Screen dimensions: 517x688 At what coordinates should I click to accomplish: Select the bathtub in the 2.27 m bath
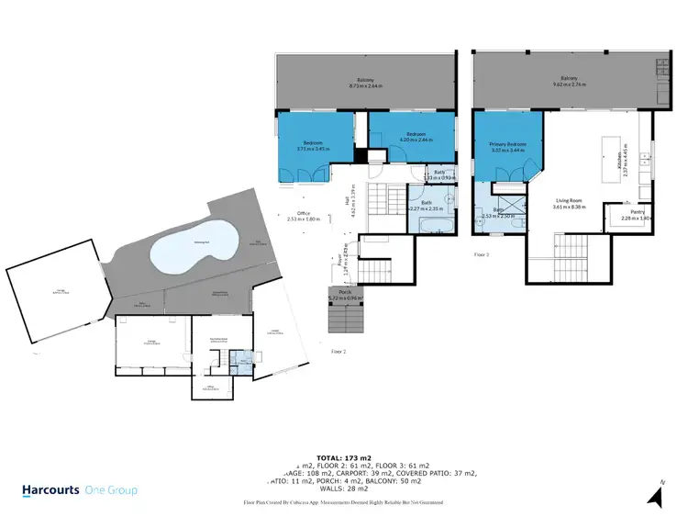429,226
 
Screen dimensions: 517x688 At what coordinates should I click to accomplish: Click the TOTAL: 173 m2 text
343,455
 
